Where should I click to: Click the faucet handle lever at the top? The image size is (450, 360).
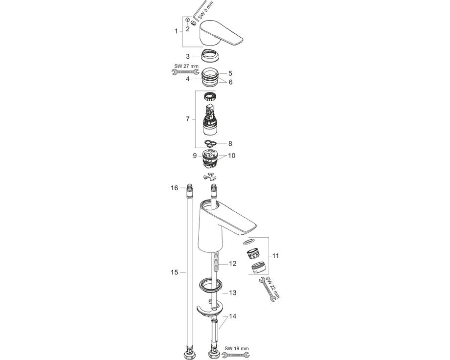point(221,33)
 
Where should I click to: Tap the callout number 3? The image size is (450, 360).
point(188,56)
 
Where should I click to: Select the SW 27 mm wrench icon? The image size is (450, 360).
point(185,72)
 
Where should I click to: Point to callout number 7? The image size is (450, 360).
point(188,119)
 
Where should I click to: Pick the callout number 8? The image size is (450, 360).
point(230,143)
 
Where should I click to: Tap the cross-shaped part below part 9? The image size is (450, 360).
point(210,177)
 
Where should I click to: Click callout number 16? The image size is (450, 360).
point(175,188)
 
